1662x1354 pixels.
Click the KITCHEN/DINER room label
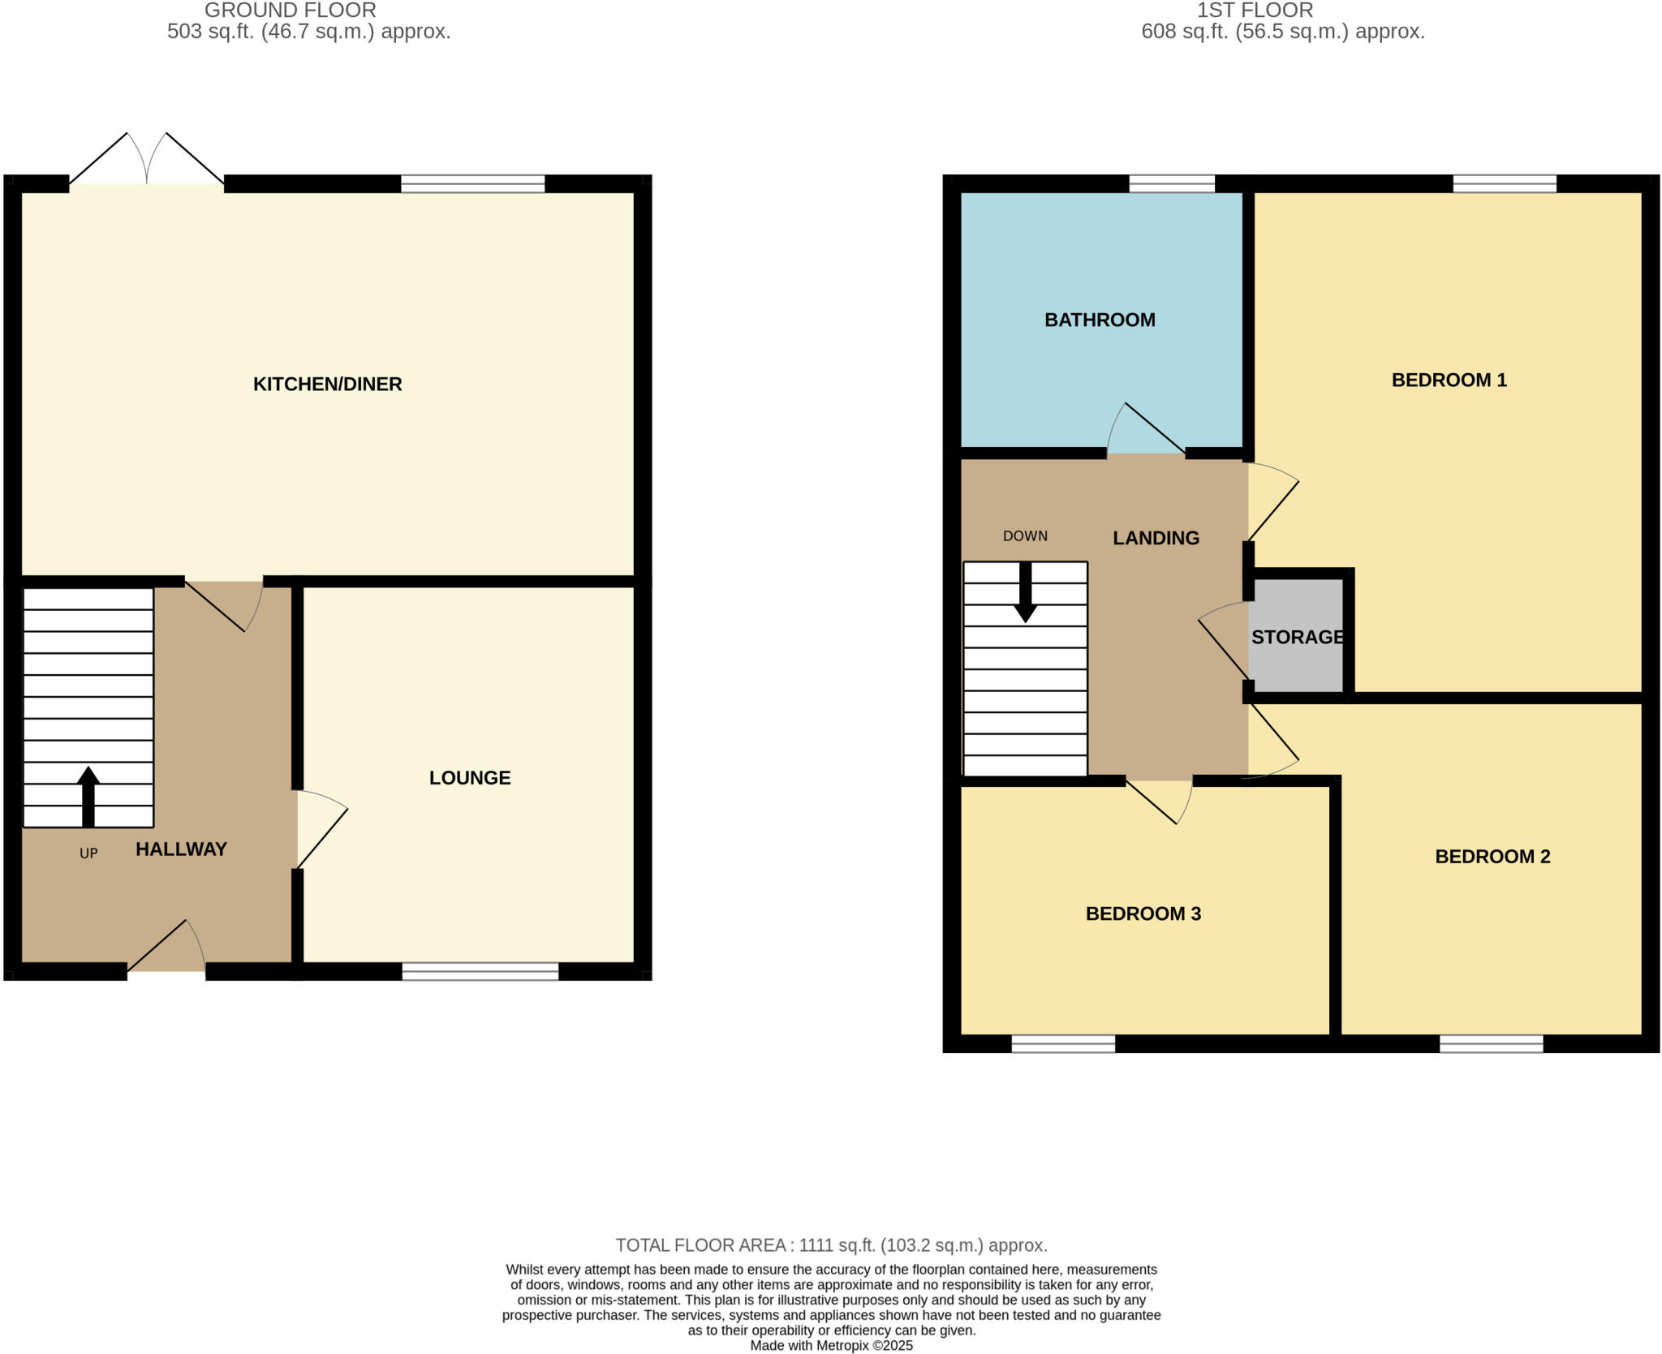[327, 384]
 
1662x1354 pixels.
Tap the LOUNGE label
[470, 778]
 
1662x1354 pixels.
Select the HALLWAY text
[181, 849]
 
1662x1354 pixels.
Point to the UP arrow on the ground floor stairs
[88, 796]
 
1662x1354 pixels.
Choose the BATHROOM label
[1100, 320]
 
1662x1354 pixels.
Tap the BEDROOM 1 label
[1449, 380]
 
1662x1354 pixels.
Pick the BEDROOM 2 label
[1492, 857]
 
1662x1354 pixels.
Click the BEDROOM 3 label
[1143, 913]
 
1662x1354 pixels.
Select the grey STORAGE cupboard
[1297, 637]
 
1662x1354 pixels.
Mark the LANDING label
[1156, 538]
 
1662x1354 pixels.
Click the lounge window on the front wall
[480, 971]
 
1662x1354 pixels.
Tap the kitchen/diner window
[472, 183]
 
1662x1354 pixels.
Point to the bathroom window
[1172, 183]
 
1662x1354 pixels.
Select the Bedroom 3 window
[1063, 1044]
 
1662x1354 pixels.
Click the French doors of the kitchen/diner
[147, 162]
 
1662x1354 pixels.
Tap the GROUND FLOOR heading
[290, 11]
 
